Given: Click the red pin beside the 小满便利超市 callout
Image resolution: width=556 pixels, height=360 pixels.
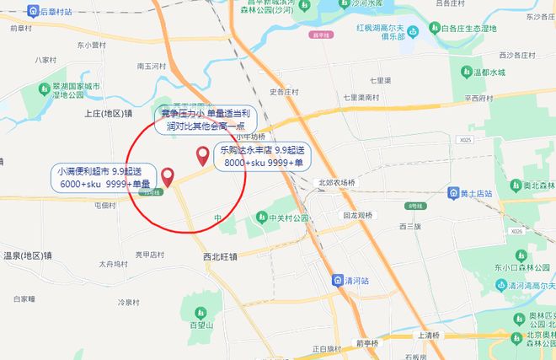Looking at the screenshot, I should coord(168,177).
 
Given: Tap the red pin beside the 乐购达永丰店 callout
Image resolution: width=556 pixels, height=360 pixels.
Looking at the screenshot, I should coord(202,155).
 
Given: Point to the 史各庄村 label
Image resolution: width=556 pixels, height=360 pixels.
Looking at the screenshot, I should coord(284,92).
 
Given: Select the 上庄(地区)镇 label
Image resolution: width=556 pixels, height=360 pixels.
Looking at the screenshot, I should coord(109,112).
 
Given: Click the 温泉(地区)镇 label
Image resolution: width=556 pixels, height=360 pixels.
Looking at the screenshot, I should coord(28,255).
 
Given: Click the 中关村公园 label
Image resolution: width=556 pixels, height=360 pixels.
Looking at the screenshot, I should coord(285,218).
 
